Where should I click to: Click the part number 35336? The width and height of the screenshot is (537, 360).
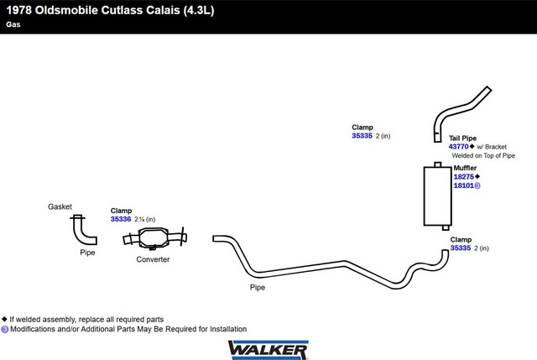121,219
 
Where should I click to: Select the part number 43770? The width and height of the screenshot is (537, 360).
458,147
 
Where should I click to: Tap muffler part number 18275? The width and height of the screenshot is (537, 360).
464,177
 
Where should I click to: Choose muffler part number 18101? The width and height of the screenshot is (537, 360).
464,185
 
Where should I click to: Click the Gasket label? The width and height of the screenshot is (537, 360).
60,206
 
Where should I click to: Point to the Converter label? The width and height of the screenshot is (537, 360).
153,259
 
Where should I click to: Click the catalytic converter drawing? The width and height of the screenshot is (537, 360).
154,237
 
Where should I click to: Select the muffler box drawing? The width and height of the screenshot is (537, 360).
438,196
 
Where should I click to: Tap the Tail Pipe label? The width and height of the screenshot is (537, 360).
462,138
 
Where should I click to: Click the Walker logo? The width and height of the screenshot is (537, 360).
268,350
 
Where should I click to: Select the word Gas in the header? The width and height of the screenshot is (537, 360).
13,24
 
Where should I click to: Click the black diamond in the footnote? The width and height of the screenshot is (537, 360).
4,319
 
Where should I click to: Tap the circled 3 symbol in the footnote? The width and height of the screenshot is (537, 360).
5,329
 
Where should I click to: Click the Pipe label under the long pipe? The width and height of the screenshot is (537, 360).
258,287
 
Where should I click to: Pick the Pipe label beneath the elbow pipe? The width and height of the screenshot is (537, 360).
87,253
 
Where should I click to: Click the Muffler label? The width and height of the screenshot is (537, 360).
465,168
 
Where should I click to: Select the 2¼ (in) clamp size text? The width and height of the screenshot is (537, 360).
145,219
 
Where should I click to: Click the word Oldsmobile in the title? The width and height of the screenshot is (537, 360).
66,10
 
